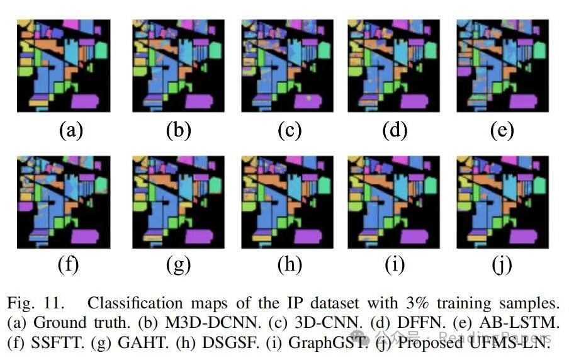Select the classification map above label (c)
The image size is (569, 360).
click(288, 65)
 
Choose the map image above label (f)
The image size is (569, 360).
click(64, 202)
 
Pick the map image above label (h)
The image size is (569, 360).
click(288, 202)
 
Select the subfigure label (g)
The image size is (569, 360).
click(178, 265)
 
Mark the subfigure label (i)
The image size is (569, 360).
click(395, 265)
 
